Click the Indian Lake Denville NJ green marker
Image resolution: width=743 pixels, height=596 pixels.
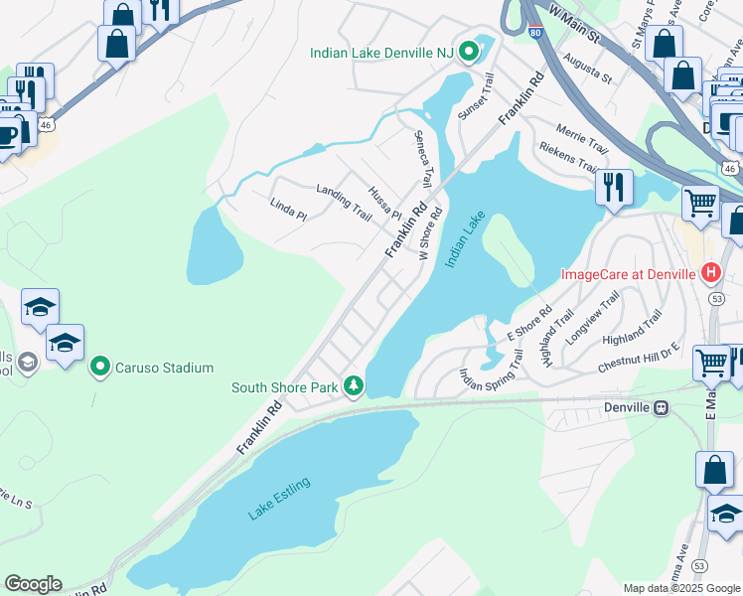(x=464, y=53)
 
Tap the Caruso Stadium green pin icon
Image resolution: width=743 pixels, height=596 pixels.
(x=99, y=368)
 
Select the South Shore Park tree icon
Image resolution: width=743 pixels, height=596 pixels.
(x=353, y=385)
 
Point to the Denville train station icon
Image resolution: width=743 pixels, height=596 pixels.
(x=660, y=407)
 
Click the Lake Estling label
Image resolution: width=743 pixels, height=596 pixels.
(x=279, y=498)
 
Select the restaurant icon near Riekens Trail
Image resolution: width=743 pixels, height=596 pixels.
(x=614, y=186)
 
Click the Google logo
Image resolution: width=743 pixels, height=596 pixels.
(x=33, y=584)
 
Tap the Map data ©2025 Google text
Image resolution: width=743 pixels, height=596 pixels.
(x=681, y=588)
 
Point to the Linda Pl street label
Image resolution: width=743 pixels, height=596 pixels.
(x=287, y=209)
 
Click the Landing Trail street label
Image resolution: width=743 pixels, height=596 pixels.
(x=343, y=201)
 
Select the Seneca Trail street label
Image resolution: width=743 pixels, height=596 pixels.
(x=423, y=158)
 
